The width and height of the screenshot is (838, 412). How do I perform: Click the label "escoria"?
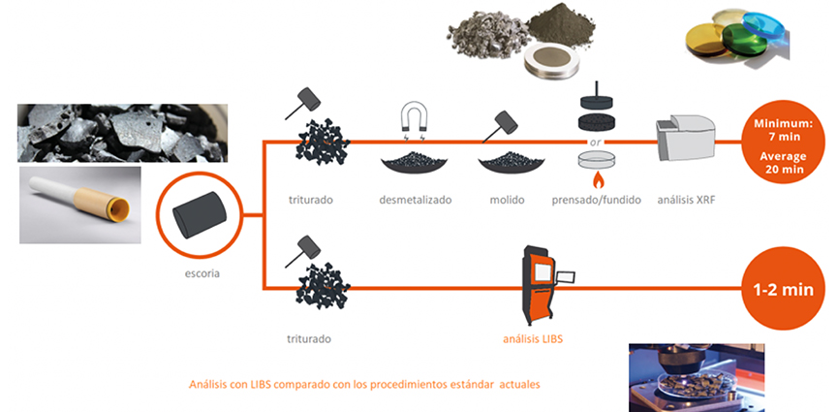tap(201, 273)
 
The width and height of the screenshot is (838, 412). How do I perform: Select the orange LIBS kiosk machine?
tap(540, 288)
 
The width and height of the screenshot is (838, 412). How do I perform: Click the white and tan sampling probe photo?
tap(79, 205)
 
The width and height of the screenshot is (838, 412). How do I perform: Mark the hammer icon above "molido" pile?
tap(505, 122)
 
